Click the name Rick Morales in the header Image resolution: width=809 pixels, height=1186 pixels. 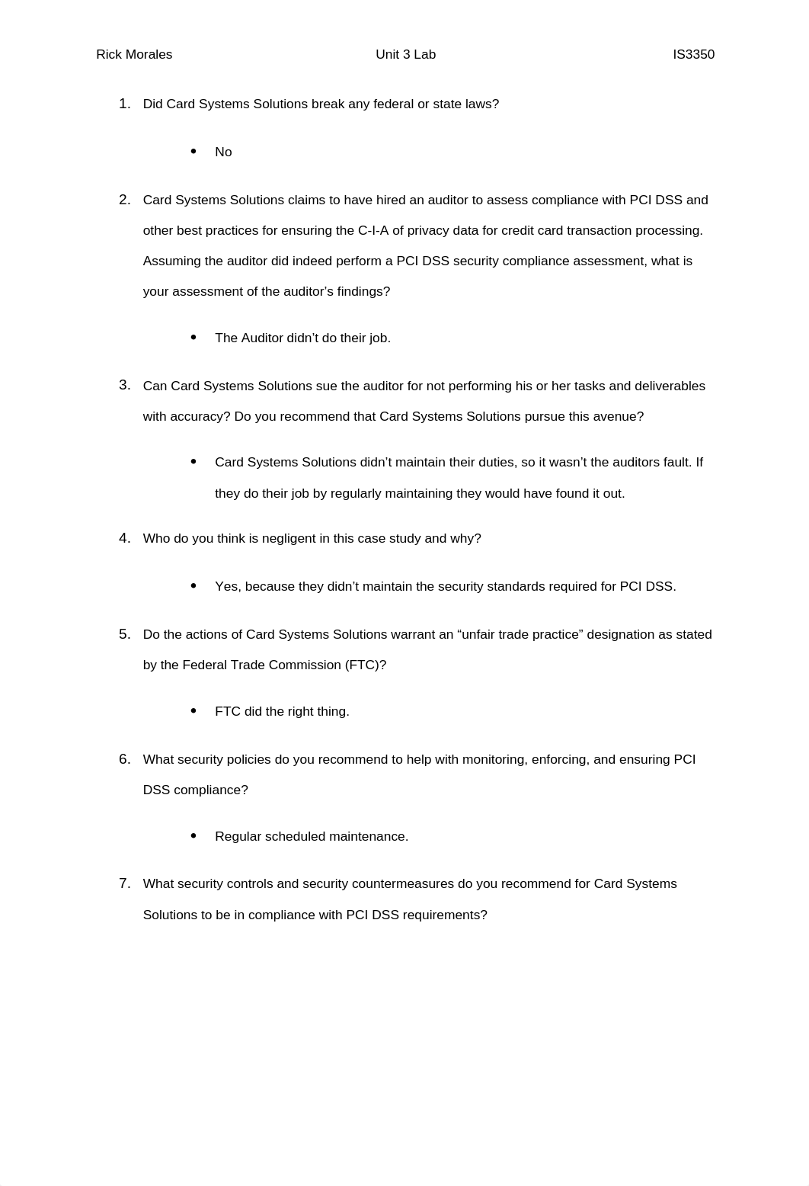click(134, 55)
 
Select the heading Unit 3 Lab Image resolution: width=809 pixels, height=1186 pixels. click(405, 55)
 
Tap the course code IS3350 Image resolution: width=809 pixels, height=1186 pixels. click(693, 55)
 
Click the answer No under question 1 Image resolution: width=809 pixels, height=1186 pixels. click(223, 152)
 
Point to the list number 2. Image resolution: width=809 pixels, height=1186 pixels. click(124, 200)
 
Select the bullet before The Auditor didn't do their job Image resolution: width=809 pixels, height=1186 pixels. click(193, 337)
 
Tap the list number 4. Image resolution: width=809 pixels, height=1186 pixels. click(124, 538)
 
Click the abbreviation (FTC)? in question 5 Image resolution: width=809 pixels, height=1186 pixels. click(366, 665)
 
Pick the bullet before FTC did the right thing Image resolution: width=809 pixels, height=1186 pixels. click(193, 710)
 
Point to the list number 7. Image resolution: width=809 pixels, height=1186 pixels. click(124, 883)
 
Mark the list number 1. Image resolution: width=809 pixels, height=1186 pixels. click(124, 104)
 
